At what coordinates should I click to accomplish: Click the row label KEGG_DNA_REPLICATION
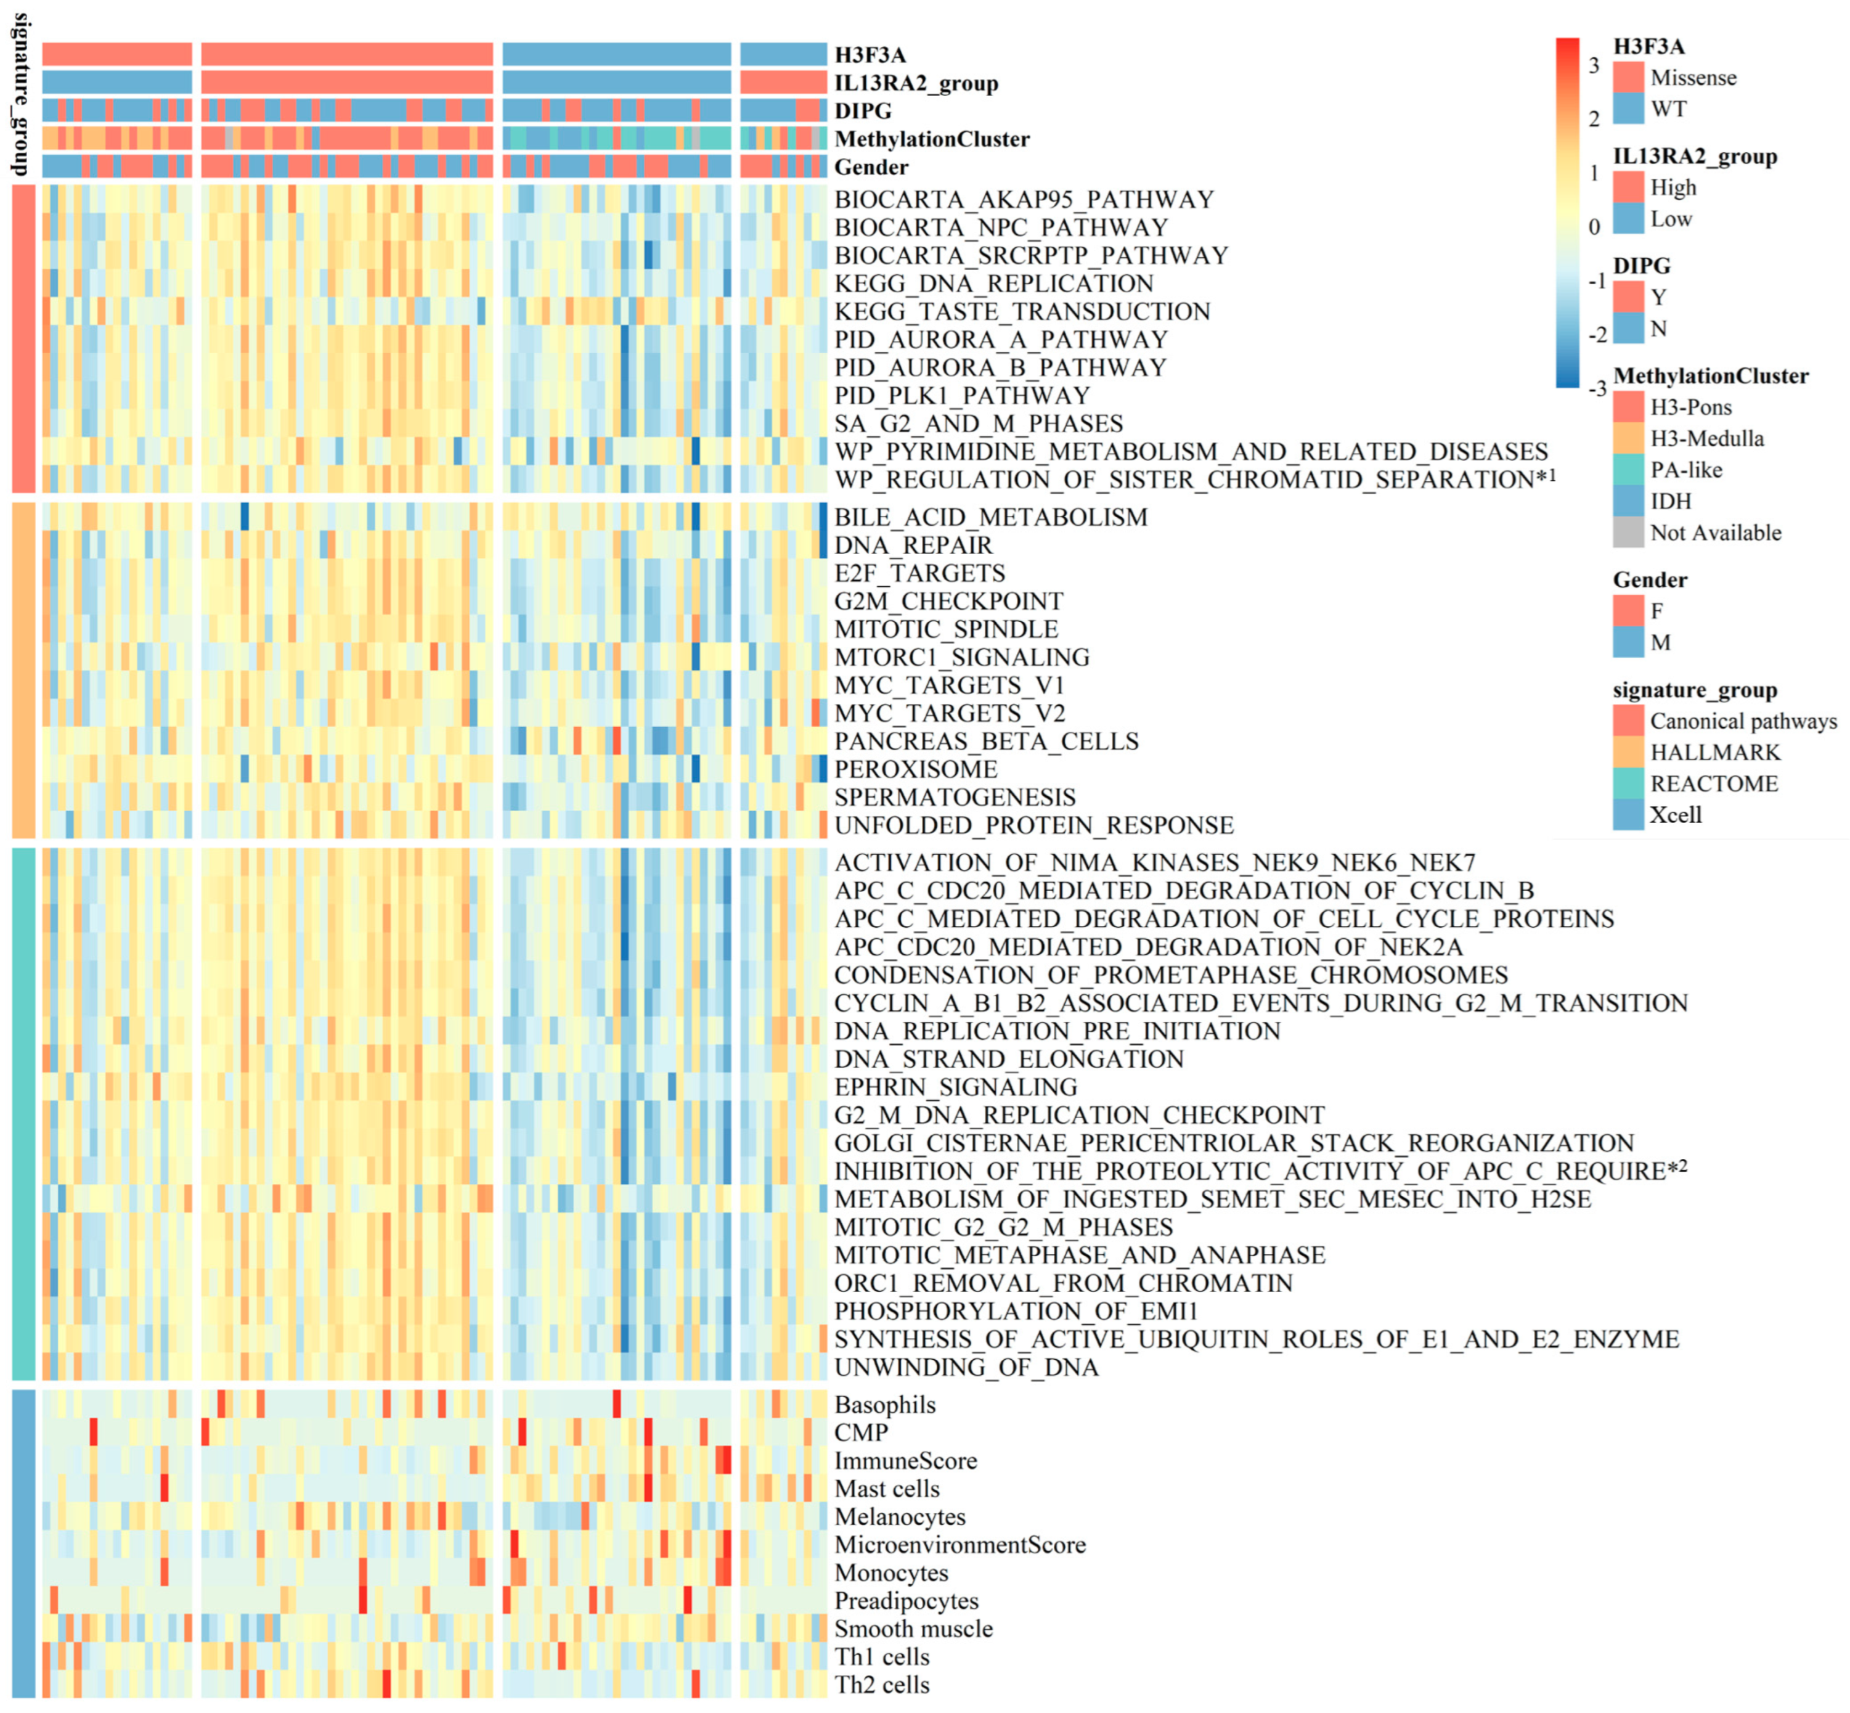pos(993,284)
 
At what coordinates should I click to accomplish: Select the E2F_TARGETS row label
pos(919,574)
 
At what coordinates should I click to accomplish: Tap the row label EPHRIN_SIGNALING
pos(956,1087)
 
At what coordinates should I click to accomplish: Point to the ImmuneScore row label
pos(905,1462)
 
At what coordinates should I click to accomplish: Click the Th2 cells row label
pos(881,1685)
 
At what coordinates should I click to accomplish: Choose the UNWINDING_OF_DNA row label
pos(966,1368)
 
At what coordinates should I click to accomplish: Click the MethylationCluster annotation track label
pos(932,140)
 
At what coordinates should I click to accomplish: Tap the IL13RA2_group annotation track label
pos(916,83)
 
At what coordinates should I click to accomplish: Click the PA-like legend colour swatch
pos(1628,470)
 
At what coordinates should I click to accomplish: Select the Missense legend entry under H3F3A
pos(1692,78)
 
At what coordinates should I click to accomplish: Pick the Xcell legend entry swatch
pos(1628,815)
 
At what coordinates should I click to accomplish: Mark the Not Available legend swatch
pos(1628,533)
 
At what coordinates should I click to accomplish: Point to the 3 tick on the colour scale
pos(1593,65)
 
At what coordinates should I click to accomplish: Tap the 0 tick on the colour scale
pos(1593,227)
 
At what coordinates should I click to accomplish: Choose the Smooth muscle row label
pos(913,1630)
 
